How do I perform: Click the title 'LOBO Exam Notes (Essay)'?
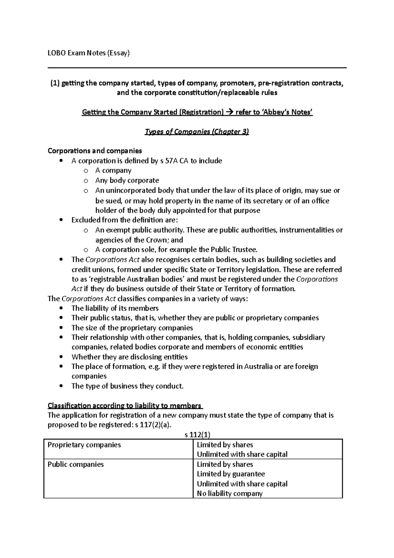(89, 53)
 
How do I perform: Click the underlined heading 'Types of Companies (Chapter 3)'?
(197, 132)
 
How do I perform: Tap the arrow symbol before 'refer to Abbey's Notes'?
(229, 112)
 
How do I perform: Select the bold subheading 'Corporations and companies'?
(95, 151)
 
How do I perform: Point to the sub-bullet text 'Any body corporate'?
(127, 180)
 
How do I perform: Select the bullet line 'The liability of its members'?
(115, 308)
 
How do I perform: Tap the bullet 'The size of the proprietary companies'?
(132, 328)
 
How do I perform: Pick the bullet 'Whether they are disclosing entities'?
(129, 357)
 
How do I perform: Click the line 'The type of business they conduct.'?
(127, 386)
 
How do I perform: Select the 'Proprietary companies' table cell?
(84, 445)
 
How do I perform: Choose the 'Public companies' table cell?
(76, 464)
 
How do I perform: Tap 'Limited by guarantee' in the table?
(230, 474)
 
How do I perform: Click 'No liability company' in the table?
(230, 493)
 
